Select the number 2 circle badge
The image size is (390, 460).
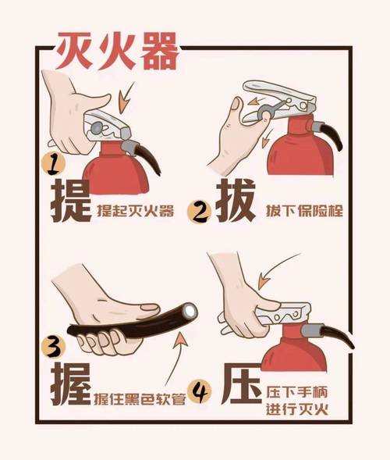(x=204, y=212)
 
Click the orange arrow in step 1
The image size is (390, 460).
(x=126, y=102)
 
